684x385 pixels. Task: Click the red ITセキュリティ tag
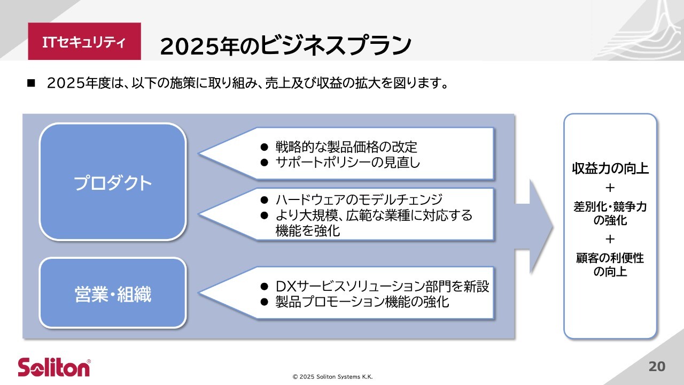[x=84, y=41]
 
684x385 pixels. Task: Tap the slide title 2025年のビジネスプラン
[x=285, y=46]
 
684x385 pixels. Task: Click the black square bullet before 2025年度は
[x=31, y=83]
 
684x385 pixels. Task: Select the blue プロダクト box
[x=113, y=182]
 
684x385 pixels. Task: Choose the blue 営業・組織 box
[x=113, y=293]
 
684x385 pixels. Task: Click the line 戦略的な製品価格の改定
[x=346, y=147]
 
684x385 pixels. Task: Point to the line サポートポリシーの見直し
[x=348, y=163]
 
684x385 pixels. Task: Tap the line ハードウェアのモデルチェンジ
[x=359, y=199]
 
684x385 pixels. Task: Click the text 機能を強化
[x=307, y=230]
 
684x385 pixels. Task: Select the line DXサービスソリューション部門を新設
[x=382, y=286]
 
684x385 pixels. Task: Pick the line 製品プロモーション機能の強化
[x=362, y=302]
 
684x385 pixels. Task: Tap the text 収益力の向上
[x=610, y=168]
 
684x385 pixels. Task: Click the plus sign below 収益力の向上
[x=610, y=188]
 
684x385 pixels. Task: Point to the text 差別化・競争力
[x=610, y=207]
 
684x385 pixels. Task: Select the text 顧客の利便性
[x=610, y=258]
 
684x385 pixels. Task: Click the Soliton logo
[x=55, y=367]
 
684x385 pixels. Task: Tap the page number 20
[x=657, y=366]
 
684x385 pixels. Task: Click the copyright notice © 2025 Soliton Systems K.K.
[x=332, y=377]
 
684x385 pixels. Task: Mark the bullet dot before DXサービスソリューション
[x=264, y=287]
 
